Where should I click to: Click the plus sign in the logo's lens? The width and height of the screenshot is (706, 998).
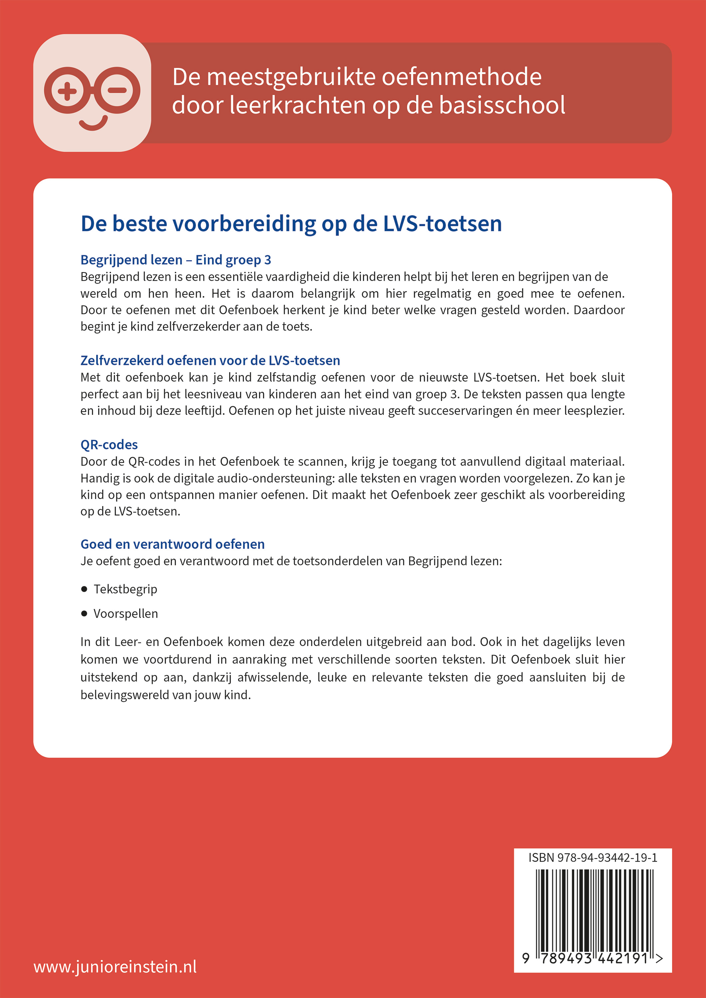[67, 91]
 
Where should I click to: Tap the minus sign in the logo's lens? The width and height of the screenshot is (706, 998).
[117, 90]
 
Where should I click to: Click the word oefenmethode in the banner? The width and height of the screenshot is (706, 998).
[462, 78]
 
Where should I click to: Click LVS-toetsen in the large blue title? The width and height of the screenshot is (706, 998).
[442, 224]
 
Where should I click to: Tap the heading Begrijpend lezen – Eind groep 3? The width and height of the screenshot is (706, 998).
[176, 260]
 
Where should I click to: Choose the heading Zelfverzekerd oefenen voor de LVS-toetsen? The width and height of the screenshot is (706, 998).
[210, 360]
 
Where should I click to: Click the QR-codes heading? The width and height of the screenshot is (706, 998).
[109, 445]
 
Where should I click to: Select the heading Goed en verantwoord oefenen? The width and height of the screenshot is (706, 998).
[173, 544]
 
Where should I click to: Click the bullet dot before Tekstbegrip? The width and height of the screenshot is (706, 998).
[84, 589]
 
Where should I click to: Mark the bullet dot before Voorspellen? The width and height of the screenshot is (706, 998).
[84, 613]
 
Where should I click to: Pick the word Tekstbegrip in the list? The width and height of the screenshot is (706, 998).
[125, 589]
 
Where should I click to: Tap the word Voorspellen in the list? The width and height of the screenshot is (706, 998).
[126, 614]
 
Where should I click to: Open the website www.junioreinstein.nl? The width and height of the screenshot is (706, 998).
[115, 967]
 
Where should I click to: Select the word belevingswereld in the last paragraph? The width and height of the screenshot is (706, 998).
[125, 695]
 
